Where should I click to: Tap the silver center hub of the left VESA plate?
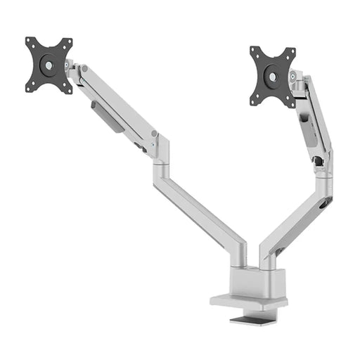(49, 65)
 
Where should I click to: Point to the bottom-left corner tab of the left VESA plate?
(30, 88)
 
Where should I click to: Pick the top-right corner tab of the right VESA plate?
(291, 52)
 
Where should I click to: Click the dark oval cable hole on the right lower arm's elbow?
(324, 203)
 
